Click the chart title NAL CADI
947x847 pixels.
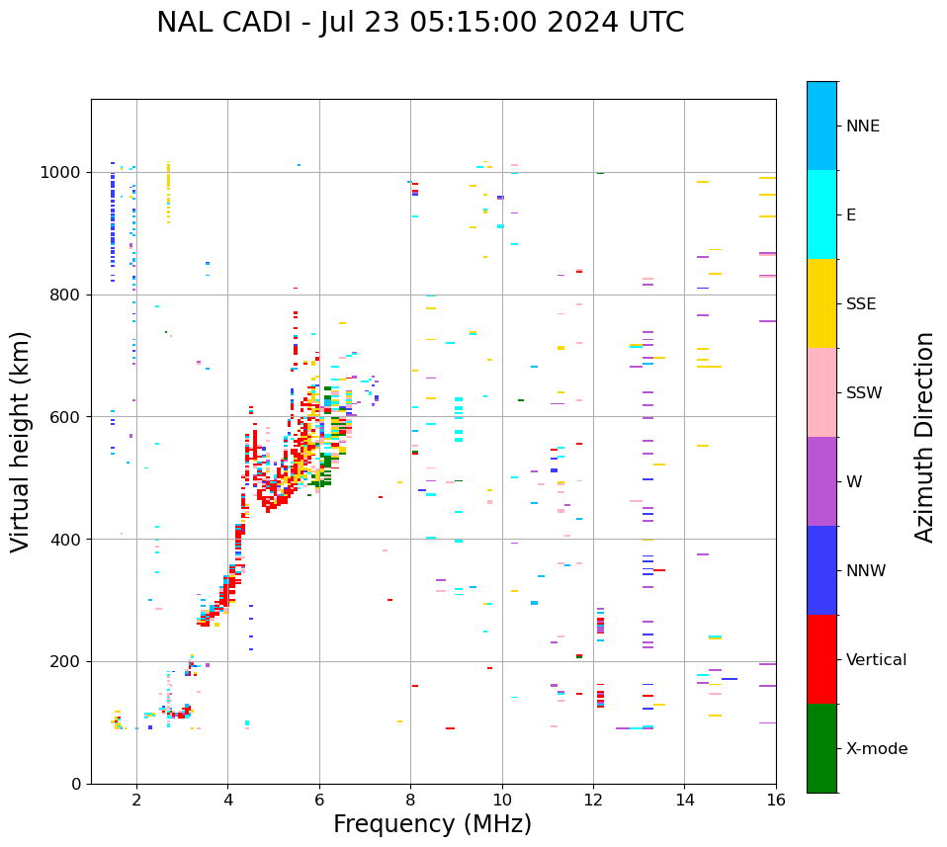(419, 23)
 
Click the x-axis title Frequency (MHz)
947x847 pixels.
(432, 824)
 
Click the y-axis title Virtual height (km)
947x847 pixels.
(21, 441)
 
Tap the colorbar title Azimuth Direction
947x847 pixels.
(924, 436)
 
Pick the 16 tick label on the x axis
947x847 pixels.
(776, 802)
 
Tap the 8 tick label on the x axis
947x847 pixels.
(410, 802)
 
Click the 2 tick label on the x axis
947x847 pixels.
(136, 802)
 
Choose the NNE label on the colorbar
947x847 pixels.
(862, 127)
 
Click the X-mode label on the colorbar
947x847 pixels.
(876, 749)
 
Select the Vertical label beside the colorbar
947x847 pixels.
(876, 660)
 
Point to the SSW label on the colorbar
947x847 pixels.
(864, 393)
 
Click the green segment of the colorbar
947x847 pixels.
(821, 748)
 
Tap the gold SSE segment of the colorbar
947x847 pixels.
(821, 303)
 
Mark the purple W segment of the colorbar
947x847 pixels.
(821, 481)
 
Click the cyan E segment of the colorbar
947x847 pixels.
(821, 214)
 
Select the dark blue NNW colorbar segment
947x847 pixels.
(821, 570)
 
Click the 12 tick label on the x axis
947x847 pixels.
(593, 802)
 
